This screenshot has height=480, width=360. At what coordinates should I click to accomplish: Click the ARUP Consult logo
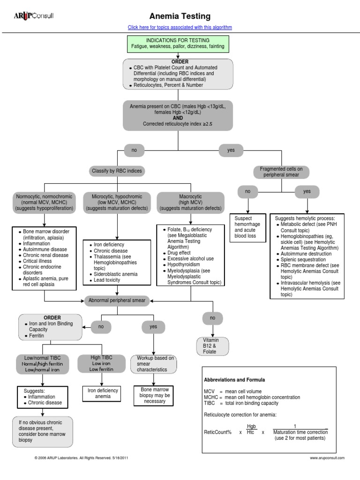click(33, 16)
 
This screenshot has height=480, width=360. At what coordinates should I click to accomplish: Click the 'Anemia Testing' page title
click(180, 16)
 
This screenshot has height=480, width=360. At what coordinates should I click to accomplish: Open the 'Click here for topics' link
click(180, 27)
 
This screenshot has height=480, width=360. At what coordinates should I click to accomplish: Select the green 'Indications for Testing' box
click(178, 44)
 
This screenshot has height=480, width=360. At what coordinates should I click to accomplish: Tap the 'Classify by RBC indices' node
click(117, 171)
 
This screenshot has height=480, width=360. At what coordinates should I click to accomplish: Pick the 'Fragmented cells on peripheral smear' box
click(281, 172)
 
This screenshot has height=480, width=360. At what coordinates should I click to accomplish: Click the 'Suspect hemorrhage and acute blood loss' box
click(248, 227)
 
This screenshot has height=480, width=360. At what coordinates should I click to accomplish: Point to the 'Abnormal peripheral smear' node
click(117, 300)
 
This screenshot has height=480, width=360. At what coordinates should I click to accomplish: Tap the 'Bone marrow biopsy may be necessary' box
click(154, 395)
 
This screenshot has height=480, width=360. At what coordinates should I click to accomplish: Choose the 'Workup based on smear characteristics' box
click(154, 364)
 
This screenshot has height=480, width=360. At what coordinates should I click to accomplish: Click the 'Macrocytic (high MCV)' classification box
click(190, 202)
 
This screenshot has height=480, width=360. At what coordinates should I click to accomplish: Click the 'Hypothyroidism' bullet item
click(184, 264)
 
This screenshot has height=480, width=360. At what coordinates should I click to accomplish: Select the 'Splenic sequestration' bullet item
click(303, 259)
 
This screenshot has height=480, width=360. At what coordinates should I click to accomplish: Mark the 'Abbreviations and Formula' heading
click(234, 380)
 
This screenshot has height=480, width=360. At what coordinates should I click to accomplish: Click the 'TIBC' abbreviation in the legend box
click(210, 403)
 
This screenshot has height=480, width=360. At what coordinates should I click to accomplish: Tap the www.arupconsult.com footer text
click(327, 457)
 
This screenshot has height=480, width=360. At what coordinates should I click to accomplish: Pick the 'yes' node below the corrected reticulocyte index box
click(231, 150)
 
